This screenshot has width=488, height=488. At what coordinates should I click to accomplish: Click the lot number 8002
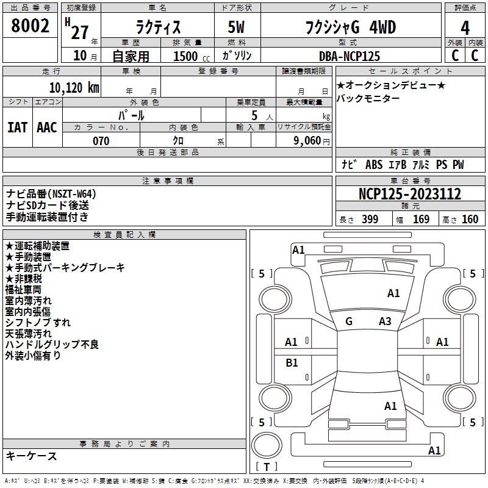[x=30, y=27]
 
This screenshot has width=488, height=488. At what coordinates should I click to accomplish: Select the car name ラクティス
[x=157, y=27]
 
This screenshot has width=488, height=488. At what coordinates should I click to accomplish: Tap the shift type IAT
[x=17, y=127]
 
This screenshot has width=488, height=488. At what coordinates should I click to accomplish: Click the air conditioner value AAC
[x=47, y=127]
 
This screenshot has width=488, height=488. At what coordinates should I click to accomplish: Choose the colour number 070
[x=101, y=141]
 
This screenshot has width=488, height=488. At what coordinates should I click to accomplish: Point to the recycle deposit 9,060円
[x=311, y=141]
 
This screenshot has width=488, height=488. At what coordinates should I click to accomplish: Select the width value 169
[x=421, y=219]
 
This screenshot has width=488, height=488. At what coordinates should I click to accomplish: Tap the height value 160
[x=470, y=219]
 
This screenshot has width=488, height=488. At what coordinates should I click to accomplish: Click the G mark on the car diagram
[x=349, y=321]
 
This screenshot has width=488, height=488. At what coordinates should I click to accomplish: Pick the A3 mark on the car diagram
[x=385, y=321]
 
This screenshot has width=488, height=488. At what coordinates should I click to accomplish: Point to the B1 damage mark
[x=292, y=363]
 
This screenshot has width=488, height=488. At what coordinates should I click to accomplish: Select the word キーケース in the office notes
[x=32, y=456]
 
